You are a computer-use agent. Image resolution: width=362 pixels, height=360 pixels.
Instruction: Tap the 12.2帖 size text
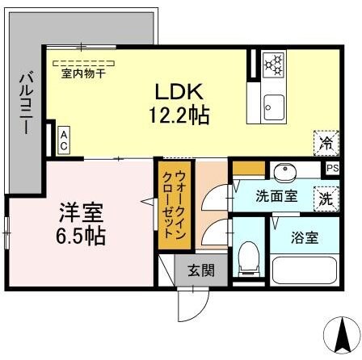tap(179, 115)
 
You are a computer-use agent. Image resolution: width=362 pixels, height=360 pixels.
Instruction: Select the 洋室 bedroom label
tap(78, 214)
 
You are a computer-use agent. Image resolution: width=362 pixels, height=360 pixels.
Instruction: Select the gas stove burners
tap(273, 64)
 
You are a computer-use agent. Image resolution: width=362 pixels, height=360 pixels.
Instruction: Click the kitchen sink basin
tap(274, 105)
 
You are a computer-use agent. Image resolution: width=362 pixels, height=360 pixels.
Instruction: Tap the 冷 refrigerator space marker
tap(326, 144)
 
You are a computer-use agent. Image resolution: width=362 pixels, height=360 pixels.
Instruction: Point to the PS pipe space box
tap(333, 168)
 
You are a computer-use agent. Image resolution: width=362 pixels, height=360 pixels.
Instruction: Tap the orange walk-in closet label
tap(170, 205)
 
